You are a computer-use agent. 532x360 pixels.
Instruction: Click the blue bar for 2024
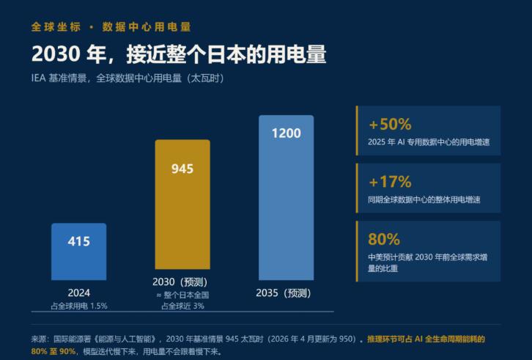point(78,251)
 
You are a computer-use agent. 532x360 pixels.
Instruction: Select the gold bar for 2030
point(182,205)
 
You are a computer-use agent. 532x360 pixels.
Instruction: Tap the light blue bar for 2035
point(286,198)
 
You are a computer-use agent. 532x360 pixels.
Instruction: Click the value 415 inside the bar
point(78,241)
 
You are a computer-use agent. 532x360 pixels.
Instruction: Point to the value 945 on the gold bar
point(182,169)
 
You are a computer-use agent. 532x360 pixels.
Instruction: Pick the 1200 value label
point(286,133)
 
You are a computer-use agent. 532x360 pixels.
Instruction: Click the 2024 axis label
point(78,293)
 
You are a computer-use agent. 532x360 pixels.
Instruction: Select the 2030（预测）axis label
point(180,282)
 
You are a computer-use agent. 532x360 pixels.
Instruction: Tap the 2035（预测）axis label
point(284,293)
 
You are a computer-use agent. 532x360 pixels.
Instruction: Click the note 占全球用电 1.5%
point(79,306)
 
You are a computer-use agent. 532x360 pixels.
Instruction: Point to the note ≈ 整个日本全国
point(182,295)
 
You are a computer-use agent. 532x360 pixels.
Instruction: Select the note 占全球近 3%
point(182,306)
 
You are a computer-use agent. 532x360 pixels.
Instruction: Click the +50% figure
point(390,125)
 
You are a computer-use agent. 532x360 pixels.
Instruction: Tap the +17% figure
point(390,182)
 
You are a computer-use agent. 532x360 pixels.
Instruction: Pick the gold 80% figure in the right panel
point(384,239)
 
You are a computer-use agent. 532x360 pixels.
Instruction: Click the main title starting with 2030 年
point(179,54)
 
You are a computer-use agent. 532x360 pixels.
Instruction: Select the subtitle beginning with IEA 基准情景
point(128,78)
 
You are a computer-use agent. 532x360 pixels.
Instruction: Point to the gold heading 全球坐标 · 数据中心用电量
point(111,27)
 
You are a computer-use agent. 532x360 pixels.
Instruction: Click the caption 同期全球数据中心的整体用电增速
point(424,199)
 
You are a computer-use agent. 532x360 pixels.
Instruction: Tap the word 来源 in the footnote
point(38,339)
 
